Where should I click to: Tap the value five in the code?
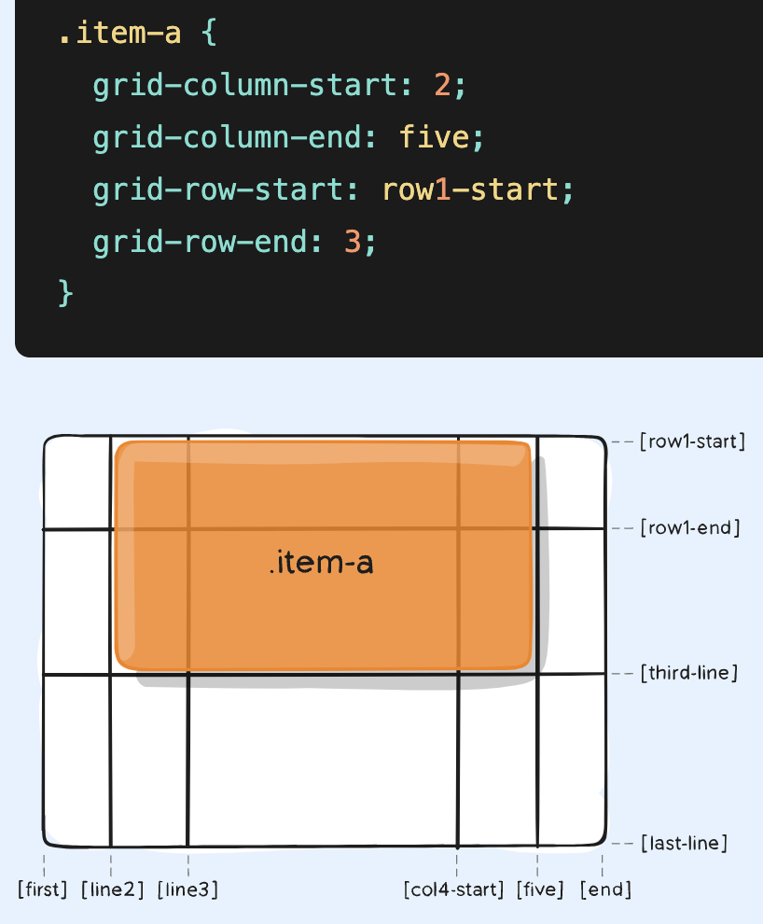tap(434, 138)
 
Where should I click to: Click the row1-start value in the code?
tap(469, 190)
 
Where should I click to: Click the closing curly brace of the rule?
tap(65, 292)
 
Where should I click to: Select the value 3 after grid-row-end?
tap(352, 243)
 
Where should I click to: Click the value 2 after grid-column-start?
tap(442, 87)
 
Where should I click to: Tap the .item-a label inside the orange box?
tap(320, 564)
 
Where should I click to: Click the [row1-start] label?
tap(692, 441)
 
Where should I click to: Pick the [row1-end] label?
tap(689, 528)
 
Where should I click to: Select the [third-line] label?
tap(688, 673)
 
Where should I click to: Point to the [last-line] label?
tap(684, 844)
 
